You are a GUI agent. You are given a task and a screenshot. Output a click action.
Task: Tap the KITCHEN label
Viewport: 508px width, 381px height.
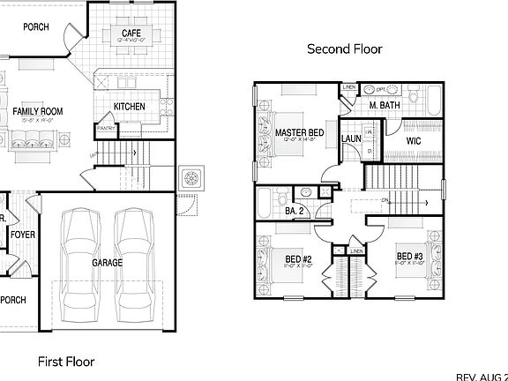[129, 107]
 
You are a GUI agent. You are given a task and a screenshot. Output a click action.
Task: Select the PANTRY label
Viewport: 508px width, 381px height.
[106, 128]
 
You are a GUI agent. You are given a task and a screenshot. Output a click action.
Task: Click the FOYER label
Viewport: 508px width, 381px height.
[22, 235]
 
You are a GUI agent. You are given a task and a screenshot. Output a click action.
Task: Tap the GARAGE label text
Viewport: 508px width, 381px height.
[108, 262]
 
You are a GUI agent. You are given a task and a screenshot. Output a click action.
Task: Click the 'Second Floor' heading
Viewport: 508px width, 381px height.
[344, 49]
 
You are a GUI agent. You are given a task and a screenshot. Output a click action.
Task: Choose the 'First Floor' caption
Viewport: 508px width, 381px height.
[65, 361]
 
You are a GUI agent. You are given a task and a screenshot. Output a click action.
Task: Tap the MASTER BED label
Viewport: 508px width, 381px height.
[299, 133]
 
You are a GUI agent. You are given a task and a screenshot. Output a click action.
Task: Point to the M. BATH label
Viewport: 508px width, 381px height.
[385, 106]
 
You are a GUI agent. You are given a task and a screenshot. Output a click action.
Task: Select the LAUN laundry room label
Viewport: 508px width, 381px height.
[352, 138]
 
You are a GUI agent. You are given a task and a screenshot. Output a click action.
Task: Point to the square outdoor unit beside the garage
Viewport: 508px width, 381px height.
[190, 177]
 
